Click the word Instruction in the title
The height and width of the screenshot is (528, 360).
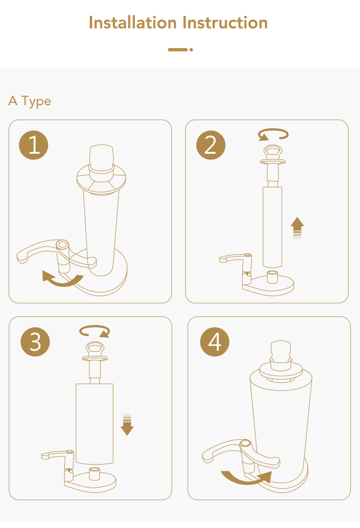225,23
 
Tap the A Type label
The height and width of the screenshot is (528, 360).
30,101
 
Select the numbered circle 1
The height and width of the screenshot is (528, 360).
34,145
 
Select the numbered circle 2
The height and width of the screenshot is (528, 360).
211,145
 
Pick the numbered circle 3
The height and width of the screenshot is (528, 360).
36,342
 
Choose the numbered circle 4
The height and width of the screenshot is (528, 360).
215,342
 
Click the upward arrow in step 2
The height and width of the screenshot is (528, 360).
297,228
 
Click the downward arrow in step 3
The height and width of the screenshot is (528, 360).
127,424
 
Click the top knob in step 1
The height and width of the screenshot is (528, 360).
101,158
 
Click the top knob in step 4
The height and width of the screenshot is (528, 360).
281,352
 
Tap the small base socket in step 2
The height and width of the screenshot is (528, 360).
272,277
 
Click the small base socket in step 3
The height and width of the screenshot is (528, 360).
94,474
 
